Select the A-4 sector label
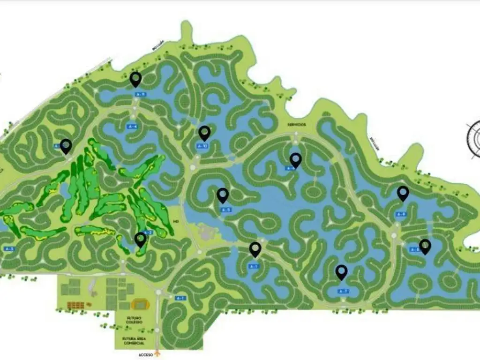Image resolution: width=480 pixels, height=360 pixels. point(132,127)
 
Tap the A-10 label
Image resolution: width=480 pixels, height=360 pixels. point(202,146)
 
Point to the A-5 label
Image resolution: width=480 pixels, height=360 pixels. point(225,210)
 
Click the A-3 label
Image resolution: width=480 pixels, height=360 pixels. point(9,248)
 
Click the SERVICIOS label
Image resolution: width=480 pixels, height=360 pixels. point(297,124)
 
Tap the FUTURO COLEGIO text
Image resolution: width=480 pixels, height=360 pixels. point(134,320)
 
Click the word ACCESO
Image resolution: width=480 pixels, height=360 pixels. point(146,355)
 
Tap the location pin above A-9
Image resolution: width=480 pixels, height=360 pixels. point(136,79)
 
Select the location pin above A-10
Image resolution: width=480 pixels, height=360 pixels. point(204,133)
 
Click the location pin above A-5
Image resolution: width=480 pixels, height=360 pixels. point(223,195)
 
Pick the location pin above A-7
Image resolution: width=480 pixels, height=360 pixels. point(341,271)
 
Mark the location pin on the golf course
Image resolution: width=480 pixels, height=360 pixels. point(140,240)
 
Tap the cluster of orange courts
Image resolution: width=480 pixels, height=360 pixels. point(75,305)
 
